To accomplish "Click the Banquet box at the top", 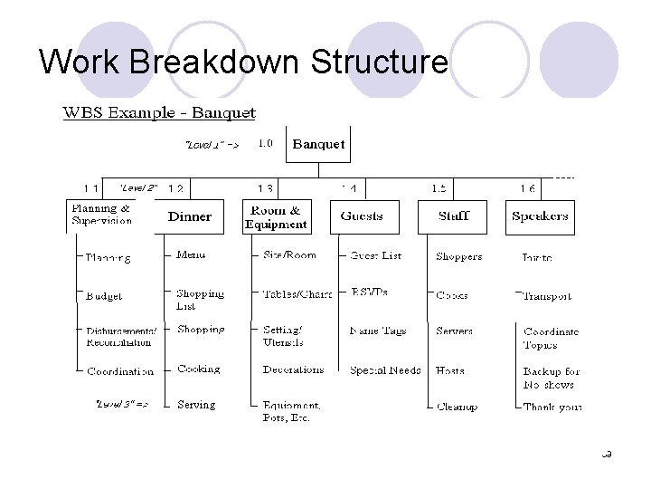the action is (318, 144).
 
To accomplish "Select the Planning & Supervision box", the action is (102, 215).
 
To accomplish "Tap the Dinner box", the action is (190, 216).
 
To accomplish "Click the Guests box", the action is (362, 216).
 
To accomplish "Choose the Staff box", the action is (452, 216).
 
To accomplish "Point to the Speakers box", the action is (540, 216).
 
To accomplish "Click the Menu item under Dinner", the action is (191, 255).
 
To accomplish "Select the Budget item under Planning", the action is (104, 296).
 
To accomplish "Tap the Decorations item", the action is (293, 369).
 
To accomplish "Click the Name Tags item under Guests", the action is (378, 331).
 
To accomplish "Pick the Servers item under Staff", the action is (454, 331).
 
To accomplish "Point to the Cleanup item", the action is (457, 407).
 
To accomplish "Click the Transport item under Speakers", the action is (547, 296).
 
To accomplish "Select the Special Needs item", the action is (385, 370).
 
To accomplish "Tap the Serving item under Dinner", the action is (196, 405).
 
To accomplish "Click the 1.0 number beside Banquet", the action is (266, 143).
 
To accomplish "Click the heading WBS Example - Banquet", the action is (158, 113).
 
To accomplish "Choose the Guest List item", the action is (376, 256).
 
